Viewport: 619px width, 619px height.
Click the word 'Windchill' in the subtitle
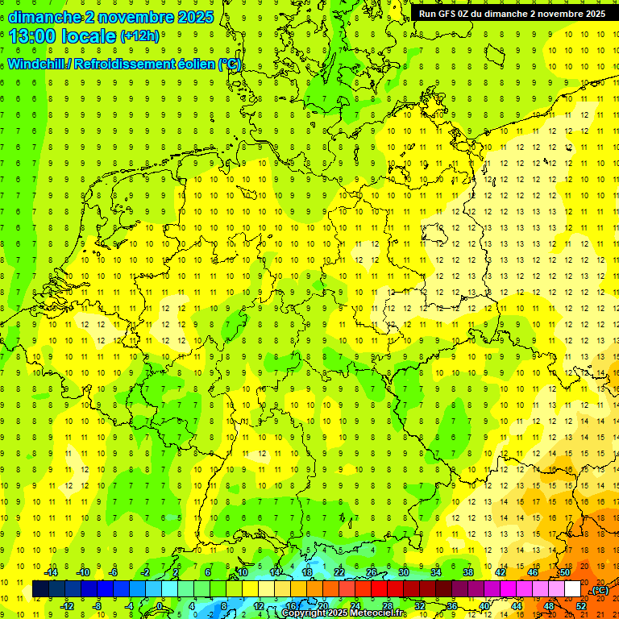37,64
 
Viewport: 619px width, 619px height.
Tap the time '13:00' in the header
35,36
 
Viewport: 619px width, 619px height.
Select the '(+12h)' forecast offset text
139,36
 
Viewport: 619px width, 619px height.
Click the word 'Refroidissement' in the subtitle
124,64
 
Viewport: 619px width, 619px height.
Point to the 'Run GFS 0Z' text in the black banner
447,14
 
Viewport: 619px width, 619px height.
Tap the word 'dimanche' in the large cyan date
44,16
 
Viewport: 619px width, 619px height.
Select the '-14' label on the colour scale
51,572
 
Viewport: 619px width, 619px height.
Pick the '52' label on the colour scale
580,606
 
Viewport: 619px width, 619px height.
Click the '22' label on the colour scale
339,572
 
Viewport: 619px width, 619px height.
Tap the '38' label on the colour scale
467,572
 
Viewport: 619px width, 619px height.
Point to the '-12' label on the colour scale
68,606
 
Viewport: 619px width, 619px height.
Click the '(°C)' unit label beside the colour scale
600,590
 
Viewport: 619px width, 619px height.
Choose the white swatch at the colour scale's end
572,589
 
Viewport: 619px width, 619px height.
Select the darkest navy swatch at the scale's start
40,589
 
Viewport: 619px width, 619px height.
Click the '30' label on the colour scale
404,572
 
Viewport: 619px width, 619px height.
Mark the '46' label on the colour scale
532,572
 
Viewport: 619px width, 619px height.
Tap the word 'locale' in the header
89,36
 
